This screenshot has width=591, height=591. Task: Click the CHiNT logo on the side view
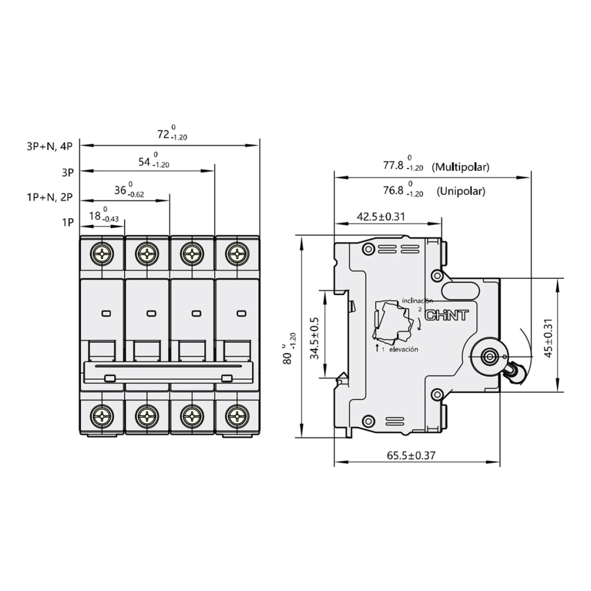tap(447, 315)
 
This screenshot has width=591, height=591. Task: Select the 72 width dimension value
tap(163, 134)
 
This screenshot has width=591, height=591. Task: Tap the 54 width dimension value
tap(144, 162)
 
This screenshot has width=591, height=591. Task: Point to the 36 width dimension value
tap(120, 190)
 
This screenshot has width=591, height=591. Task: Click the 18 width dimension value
tap(95, 216)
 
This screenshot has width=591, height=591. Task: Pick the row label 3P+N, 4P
tap(50, 147)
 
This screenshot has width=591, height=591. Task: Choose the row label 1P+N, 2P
tap(50, 197)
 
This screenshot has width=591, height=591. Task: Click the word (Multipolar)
tap(461, 167)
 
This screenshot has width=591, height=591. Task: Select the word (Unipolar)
tap(461, 191)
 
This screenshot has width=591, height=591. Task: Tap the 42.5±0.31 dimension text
tap(381, 216)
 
